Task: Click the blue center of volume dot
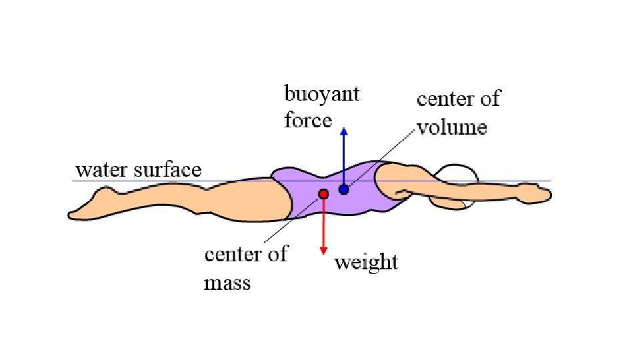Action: click(343, 190)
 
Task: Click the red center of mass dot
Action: click(323, 194)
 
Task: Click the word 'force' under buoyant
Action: click(307, 120)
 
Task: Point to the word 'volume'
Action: click(452, 126)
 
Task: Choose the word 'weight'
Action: click(366, 262)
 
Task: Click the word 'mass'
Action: click(227, 283)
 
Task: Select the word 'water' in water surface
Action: click(101, 170)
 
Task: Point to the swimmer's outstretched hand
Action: click(537, 194)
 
